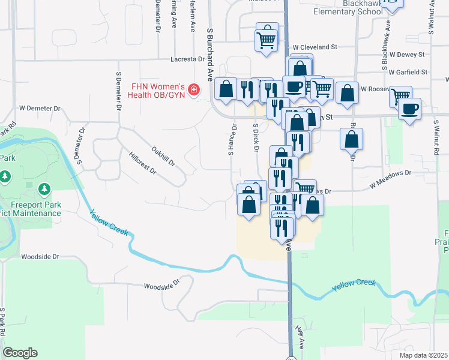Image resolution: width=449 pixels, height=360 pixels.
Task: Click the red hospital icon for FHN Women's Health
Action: pyautogui.click(x=193, y=90)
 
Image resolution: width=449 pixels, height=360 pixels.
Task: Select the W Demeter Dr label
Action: pyautogui.click(x=40, y=109)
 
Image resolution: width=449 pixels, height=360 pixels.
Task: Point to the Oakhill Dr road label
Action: pyautogui.click(x=163, y=155)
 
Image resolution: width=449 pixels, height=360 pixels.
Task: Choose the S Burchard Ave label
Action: pyautogui.click(x=210, y=54)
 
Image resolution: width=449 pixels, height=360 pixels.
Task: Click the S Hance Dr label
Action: pyautogui.click(x=231, y=140)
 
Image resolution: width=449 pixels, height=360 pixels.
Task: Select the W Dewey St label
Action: pyautogui.click(x=406, y=55)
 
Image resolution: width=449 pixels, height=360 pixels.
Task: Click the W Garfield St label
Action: pyautogui.click(x=408, y=72)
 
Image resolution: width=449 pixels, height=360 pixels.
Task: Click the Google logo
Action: pyautogui.click(x=20, y=353)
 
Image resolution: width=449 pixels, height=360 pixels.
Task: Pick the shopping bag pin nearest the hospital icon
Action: pyautogui.click(x=226, y=91)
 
